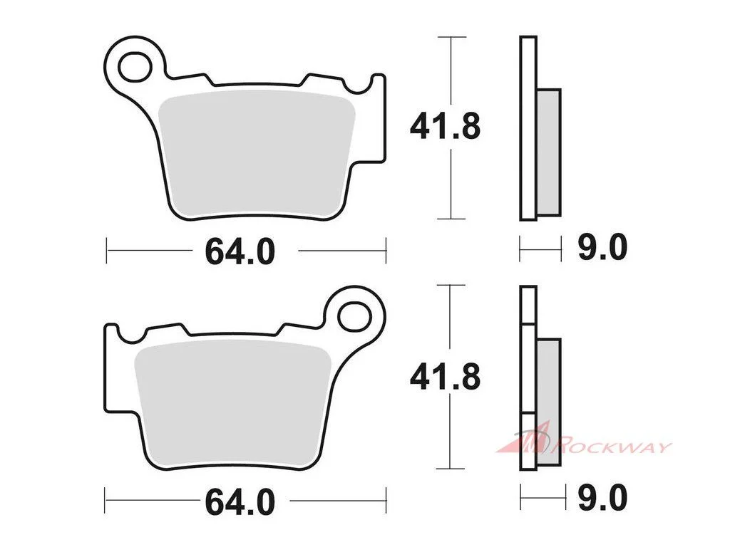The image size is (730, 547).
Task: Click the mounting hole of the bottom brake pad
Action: [355, 317]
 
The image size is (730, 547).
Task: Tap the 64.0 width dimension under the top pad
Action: [240, 251]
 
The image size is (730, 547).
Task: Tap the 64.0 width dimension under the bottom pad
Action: [240, 502]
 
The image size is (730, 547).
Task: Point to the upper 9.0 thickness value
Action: [602, 247]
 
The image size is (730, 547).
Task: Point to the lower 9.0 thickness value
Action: [602, 498]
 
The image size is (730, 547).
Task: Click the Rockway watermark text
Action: [611, 447]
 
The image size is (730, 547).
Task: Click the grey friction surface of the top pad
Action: [256, 154]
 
